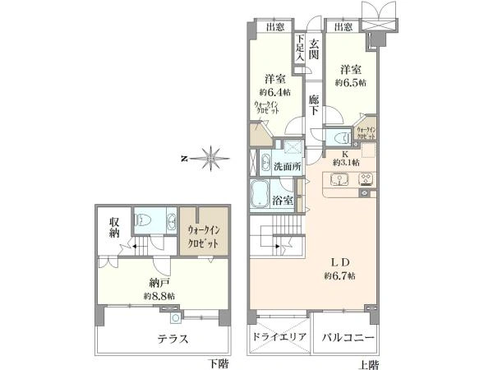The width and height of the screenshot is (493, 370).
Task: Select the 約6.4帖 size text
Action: point(274,94)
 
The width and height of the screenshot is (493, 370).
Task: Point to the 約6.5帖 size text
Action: point(351,84)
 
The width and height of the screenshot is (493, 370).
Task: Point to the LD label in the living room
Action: point(342,261)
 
